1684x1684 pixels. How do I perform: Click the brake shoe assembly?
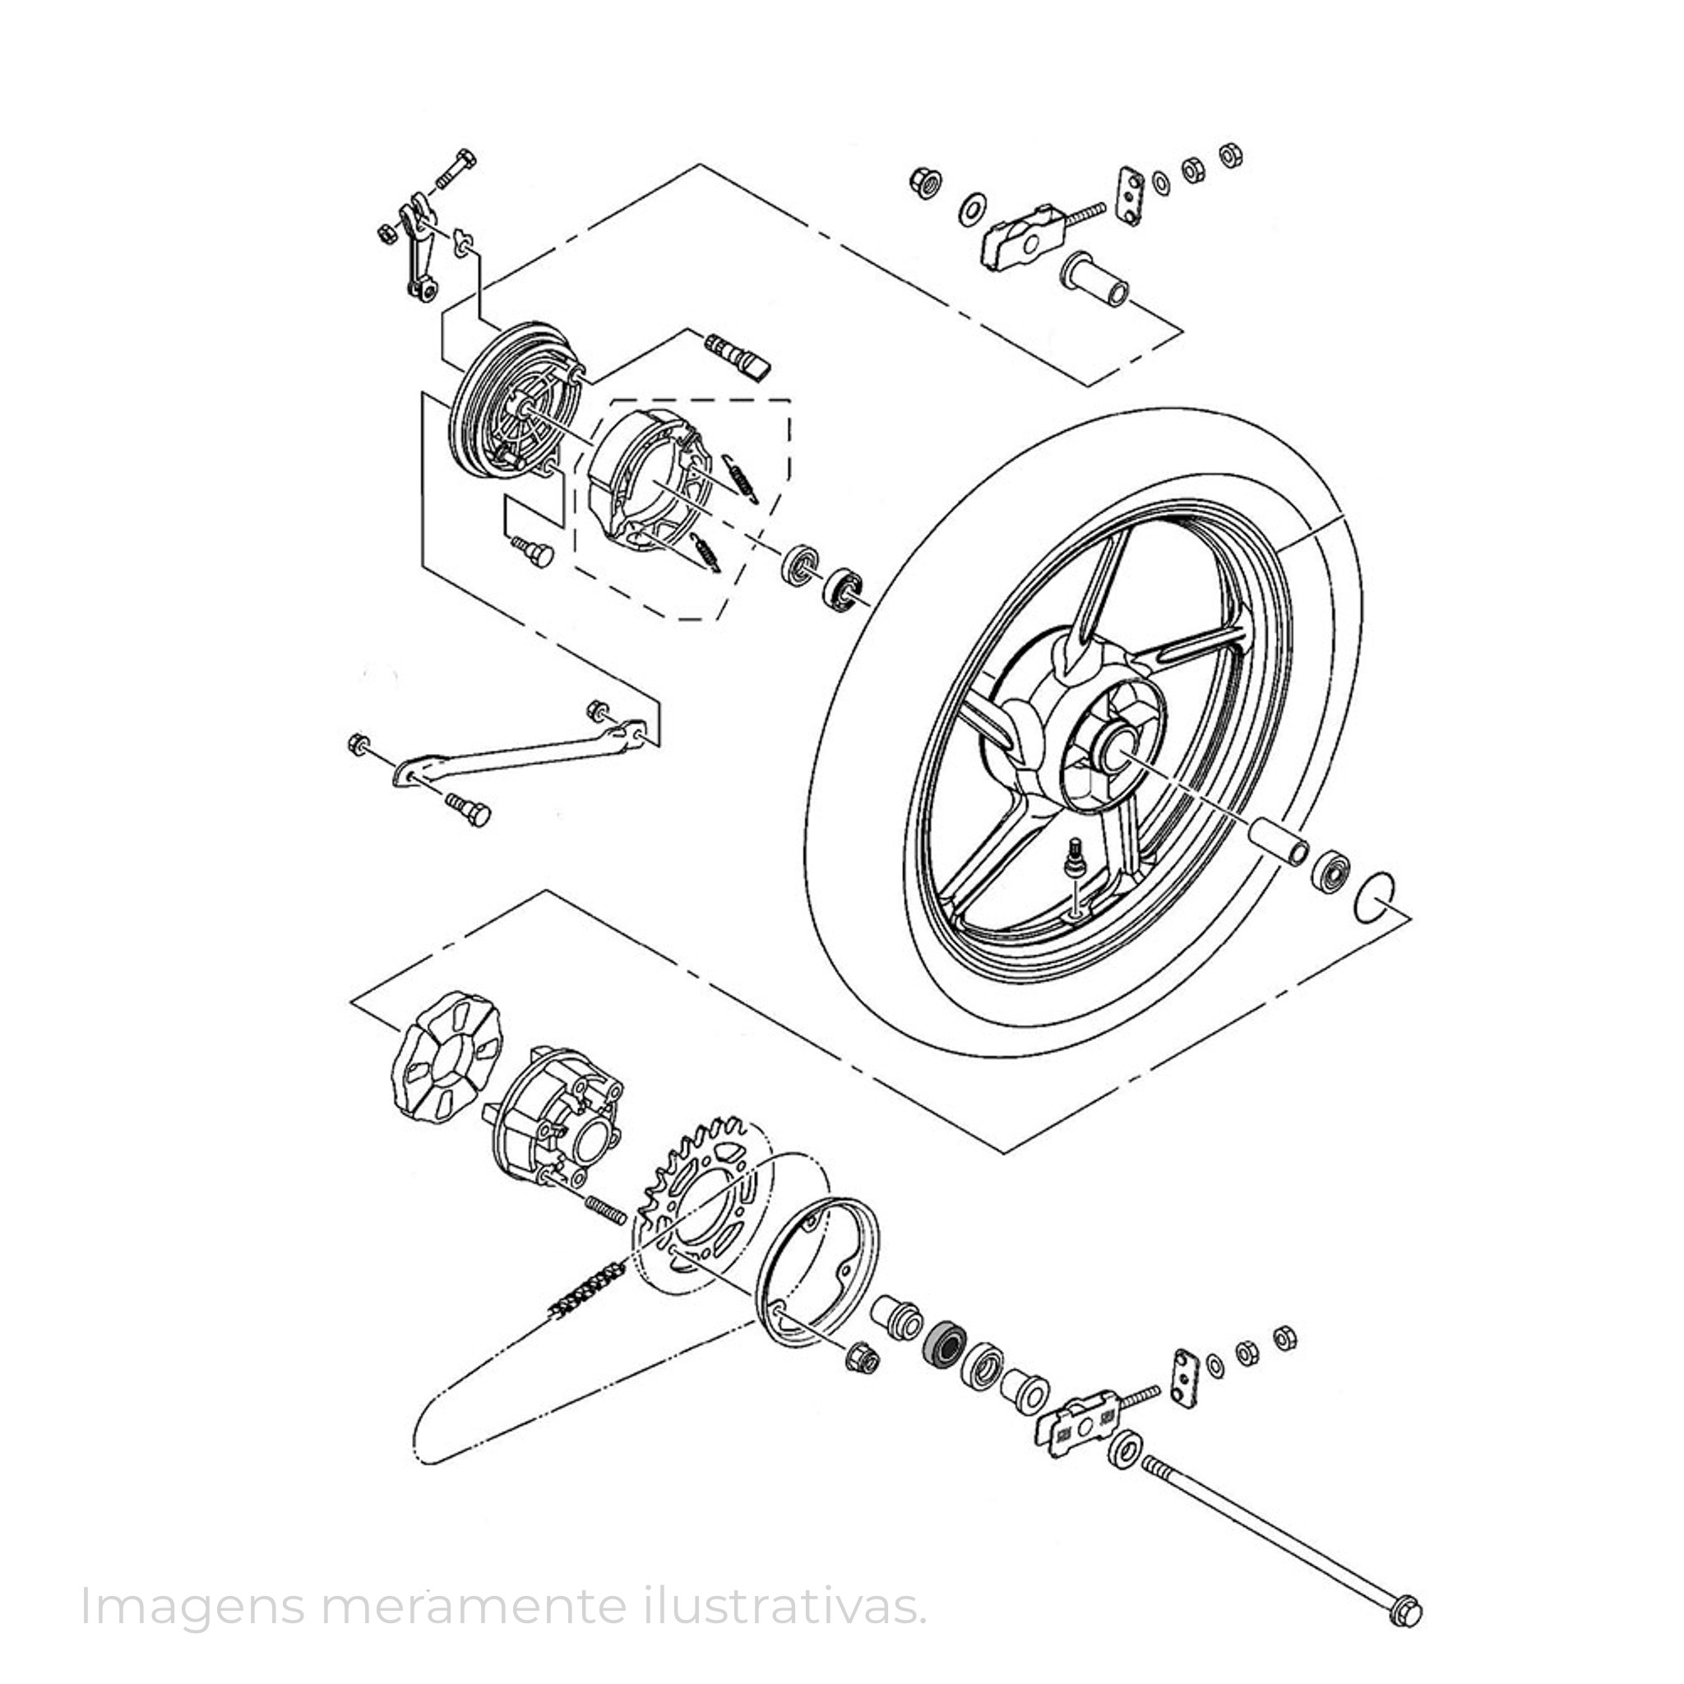click(650, 480)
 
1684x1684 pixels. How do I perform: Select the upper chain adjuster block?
click(1027, 234)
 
